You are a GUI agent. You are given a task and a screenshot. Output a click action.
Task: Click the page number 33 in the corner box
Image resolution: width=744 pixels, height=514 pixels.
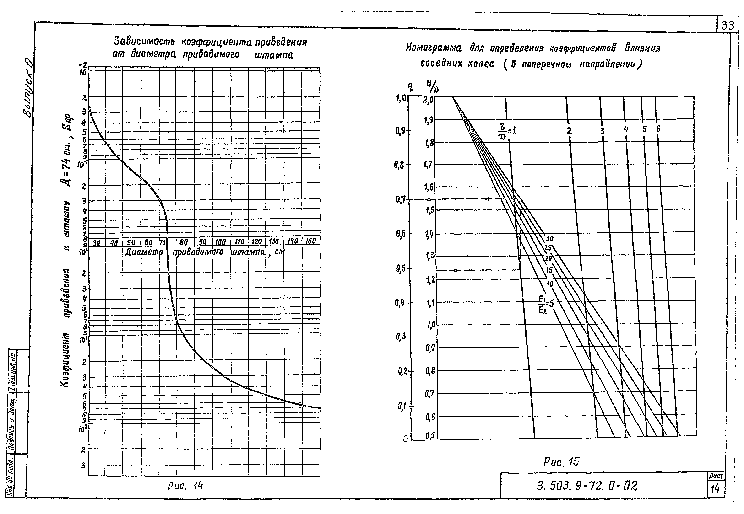coord(728,25)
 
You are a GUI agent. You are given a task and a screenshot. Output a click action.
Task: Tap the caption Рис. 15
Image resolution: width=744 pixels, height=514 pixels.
coord(561,462)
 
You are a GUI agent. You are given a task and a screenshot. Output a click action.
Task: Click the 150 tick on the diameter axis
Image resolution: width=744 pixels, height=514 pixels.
coord(310,241)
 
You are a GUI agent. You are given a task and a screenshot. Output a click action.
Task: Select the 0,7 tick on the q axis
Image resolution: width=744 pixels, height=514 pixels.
coord(401,199)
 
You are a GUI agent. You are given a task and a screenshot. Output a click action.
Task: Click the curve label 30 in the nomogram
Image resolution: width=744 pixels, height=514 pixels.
coord(549,239)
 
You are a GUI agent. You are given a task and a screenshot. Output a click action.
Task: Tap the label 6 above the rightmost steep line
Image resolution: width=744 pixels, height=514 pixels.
coord(658,129)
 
